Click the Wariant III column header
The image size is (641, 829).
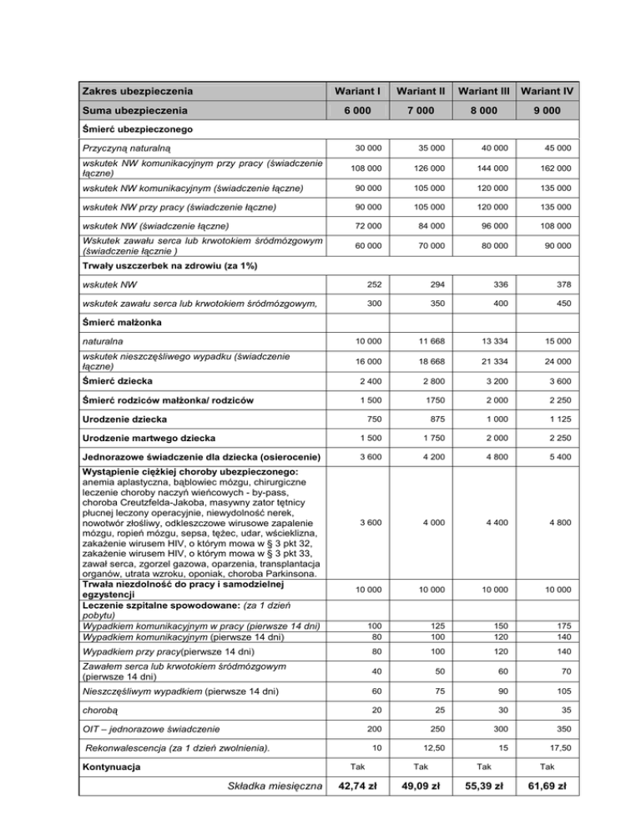(484, 90)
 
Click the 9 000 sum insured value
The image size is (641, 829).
(548, 110)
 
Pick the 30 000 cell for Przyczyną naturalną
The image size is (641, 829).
(367, 148)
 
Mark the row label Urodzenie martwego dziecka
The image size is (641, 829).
(149, 438)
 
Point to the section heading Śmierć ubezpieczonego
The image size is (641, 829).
(139, 129)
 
